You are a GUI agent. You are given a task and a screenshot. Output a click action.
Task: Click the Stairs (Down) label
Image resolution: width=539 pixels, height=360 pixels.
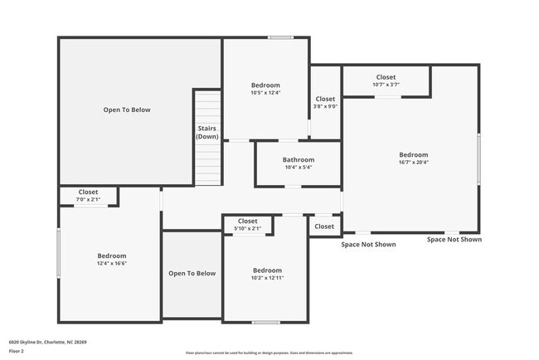click(207, 132)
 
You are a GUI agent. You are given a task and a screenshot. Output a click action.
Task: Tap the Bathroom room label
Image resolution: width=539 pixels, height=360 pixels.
click(298, 159)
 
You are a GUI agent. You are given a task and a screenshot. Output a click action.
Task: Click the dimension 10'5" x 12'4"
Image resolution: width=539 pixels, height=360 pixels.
click(265, 93)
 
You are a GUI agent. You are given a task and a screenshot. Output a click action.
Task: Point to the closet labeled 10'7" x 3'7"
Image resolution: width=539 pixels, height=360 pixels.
click(386, 80)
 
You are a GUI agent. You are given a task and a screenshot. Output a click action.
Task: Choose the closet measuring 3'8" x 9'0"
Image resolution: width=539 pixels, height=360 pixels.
click(324, 102)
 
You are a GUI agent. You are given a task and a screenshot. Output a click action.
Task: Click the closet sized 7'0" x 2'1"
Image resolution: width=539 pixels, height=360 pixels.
click(88, 196)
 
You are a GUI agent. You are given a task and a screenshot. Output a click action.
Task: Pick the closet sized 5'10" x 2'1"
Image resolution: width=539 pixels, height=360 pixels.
click(247, 225)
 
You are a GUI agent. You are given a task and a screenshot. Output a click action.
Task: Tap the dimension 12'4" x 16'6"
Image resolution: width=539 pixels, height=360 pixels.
click(111, 264)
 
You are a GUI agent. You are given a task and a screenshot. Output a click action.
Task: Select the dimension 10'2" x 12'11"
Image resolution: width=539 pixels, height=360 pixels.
click(267, 279)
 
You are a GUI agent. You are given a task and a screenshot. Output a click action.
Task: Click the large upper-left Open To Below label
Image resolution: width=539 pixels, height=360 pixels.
click(126, 109)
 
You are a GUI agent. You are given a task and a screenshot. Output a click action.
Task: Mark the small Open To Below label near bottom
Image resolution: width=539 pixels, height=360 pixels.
click(192, 273)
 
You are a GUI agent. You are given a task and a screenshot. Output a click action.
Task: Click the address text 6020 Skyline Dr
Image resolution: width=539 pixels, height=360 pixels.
click(48, 341)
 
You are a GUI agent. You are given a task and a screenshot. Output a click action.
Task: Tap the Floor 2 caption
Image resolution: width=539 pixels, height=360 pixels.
click(17, 351)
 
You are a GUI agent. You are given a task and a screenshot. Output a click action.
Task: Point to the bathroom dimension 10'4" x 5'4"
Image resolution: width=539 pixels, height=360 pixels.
click(298, 168)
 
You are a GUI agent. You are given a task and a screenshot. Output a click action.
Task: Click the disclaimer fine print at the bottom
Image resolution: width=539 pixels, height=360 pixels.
click(269, 353)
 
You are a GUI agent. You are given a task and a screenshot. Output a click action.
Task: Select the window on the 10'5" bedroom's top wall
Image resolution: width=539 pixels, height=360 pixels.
click(280, 37)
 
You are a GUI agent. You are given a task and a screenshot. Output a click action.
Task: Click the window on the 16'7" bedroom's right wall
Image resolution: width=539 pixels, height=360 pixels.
click(478, 159)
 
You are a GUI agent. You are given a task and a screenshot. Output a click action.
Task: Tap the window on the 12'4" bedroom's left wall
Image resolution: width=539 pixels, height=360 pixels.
click(58, 247)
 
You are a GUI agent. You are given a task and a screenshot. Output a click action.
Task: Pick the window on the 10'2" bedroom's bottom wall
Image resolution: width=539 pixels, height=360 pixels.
click(265, 322)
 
